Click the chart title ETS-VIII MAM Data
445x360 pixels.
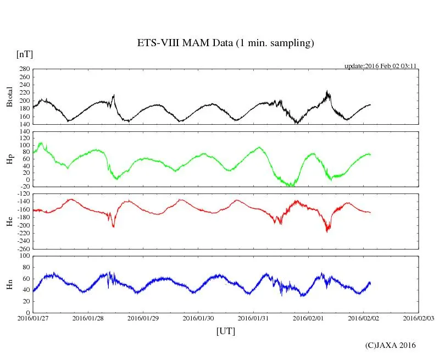click(x=225, y=43)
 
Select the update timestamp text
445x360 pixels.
click(x=380, y=66)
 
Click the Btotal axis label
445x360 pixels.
click(x=9, y=97)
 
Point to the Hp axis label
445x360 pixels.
click(x=9, y=159)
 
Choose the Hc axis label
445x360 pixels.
click(x=9, y=221)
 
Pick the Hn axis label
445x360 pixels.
click(x=9, y=284)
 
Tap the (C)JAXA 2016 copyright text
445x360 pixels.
click(x=390, y=345)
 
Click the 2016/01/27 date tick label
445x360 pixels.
click(x=32, y=318)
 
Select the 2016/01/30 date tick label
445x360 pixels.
click(x=198, y=318)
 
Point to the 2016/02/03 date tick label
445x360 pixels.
click(x=418, y=318)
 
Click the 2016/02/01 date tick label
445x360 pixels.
click(x=308, y=318)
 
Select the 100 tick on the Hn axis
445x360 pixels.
click(x=24, y=256)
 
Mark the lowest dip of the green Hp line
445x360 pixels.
click(x=290, y=186)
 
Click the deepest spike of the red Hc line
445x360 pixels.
click(x=327, y=231)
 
